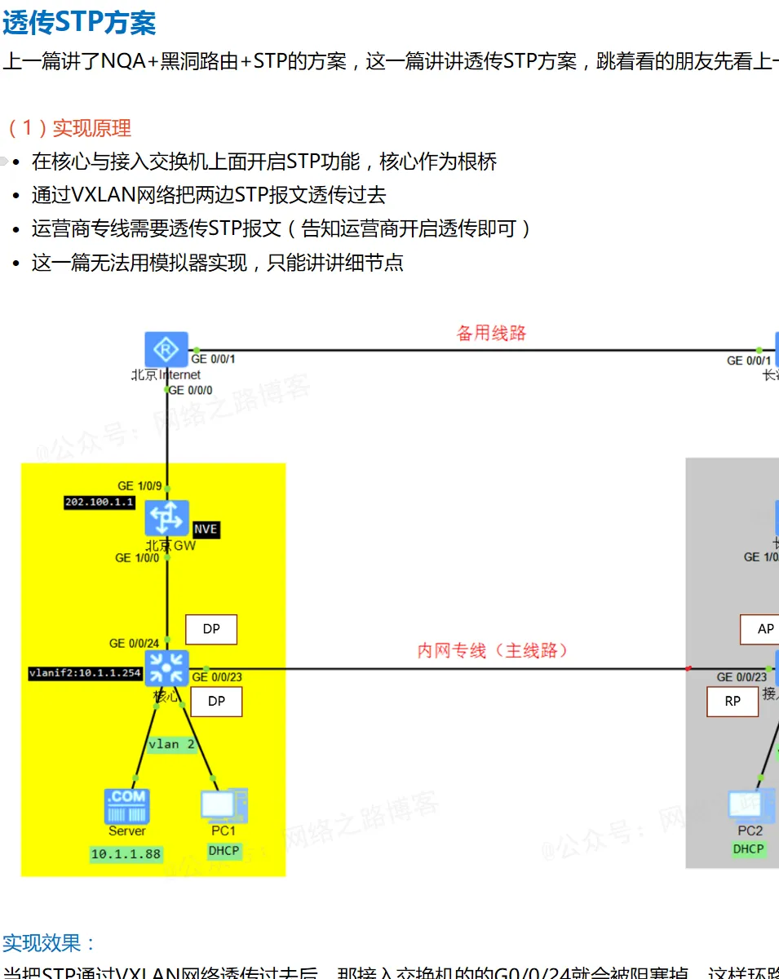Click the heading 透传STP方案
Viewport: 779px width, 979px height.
(x=78, y=22)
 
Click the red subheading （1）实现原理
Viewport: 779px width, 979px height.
(x=69, y=128)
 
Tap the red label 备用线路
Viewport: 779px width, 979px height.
(x=491, y=333)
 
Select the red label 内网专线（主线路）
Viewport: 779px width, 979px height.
(x=493, y=650)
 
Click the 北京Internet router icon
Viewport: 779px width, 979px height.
(x=166, y=349)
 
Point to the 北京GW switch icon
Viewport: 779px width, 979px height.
(x=166, y=518)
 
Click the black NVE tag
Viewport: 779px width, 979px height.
(x=206, y=529)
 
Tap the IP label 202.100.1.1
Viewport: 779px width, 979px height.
(x=100, y=503)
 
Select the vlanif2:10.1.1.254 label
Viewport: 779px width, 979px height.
(x=85, y=674)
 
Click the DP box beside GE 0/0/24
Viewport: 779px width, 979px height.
(x=211, y=630)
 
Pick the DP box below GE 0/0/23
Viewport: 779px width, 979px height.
(x=216, y=701)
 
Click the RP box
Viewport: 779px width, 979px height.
(x=733, y=702)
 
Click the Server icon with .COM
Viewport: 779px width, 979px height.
(x=126, y=805)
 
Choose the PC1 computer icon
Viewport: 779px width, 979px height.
(x=223, y=805)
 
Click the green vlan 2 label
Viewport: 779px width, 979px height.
(x=171, y=745)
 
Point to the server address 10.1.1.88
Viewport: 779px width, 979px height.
(x=126, y=854)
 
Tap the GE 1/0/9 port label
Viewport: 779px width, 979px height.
(x=139, y=486)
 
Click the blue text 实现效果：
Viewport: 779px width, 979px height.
(x=49, y=944)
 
